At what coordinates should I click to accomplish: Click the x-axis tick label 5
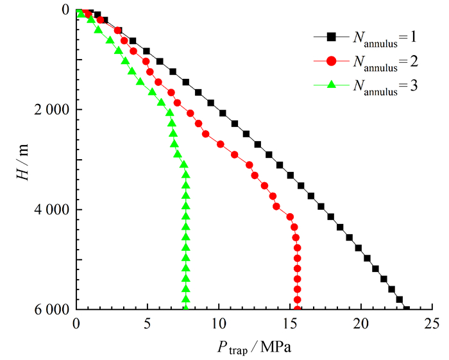148,323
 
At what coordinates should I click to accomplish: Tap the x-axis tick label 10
219,323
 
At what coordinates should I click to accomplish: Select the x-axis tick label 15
290,323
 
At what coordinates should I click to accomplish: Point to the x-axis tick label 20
361,323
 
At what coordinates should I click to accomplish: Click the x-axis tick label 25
432,323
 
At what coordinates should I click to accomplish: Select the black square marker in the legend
332,39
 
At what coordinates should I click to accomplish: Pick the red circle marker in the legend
332,62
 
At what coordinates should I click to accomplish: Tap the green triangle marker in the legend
332,84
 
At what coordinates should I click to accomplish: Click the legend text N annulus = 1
385,40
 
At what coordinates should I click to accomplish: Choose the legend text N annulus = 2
385,63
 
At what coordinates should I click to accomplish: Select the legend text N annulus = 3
385,85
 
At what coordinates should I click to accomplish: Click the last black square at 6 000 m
406,309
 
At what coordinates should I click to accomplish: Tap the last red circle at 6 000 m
297,309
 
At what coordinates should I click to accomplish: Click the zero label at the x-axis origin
76,323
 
